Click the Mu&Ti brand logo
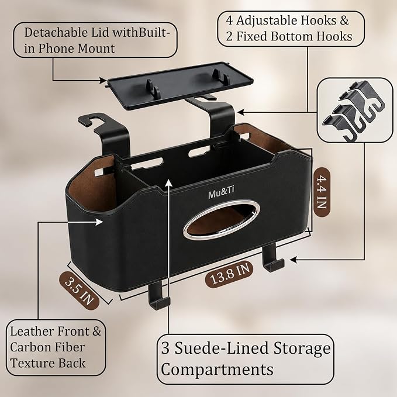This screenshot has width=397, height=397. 221,194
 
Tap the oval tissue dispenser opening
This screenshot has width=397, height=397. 221,220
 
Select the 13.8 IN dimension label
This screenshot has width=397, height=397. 230,275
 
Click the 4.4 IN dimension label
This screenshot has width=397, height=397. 322,192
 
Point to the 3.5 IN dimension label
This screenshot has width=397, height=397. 80,291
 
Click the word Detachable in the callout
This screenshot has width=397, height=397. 53,32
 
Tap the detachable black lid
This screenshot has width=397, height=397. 180,85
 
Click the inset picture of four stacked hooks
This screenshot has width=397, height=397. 355,110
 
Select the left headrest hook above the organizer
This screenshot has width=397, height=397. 106,134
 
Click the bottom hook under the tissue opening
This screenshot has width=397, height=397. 272,257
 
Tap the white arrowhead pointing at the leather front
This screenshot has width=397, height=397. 99,222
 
